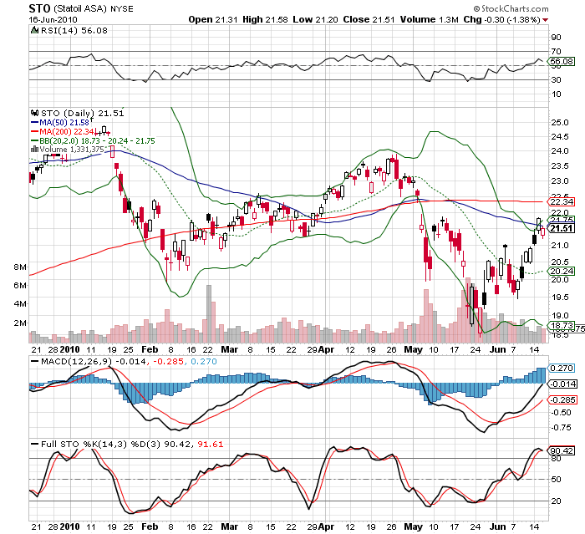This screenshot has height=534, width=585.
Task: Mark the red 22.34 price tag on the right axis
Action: pyautogui.click(x=561, y=201)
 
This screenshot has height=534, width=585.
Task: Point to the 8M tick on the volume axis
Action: pyautogui.click(x=21, y=267)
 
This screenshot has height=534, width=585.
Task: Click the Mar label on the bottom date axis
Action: pyautogui.click(x=231, y=527)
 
